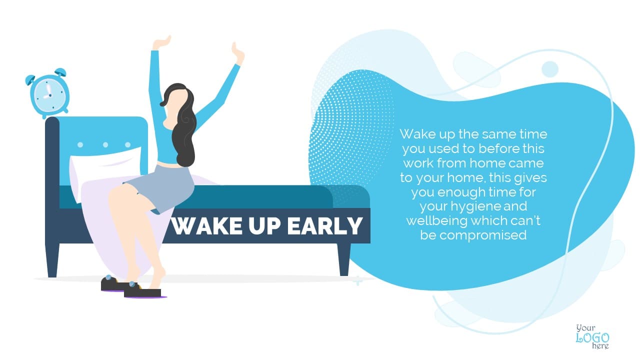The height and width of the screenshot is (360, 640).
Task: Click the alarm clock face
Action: [49, 95]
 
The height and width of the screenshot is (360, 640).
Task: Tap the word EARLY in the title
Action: [325, 226]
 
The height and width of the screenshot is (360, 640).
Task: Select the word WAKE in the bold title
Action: [206, 226]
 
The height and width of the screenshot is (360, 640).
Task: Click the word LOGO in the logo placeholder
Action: [592, 338]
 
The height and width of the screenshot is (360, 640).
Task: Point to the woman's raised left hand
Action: [161, 42]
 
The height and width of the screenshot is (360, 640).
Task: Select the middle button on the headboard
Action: [105, 145]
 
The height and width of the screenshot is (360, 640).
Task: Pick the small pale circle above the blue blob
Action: [550, 69]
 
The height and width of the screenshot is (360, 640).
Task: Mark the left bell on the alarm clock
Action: [29, 79]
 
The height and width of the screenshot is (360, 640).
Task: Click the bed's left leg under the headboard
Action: [52, 260]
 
